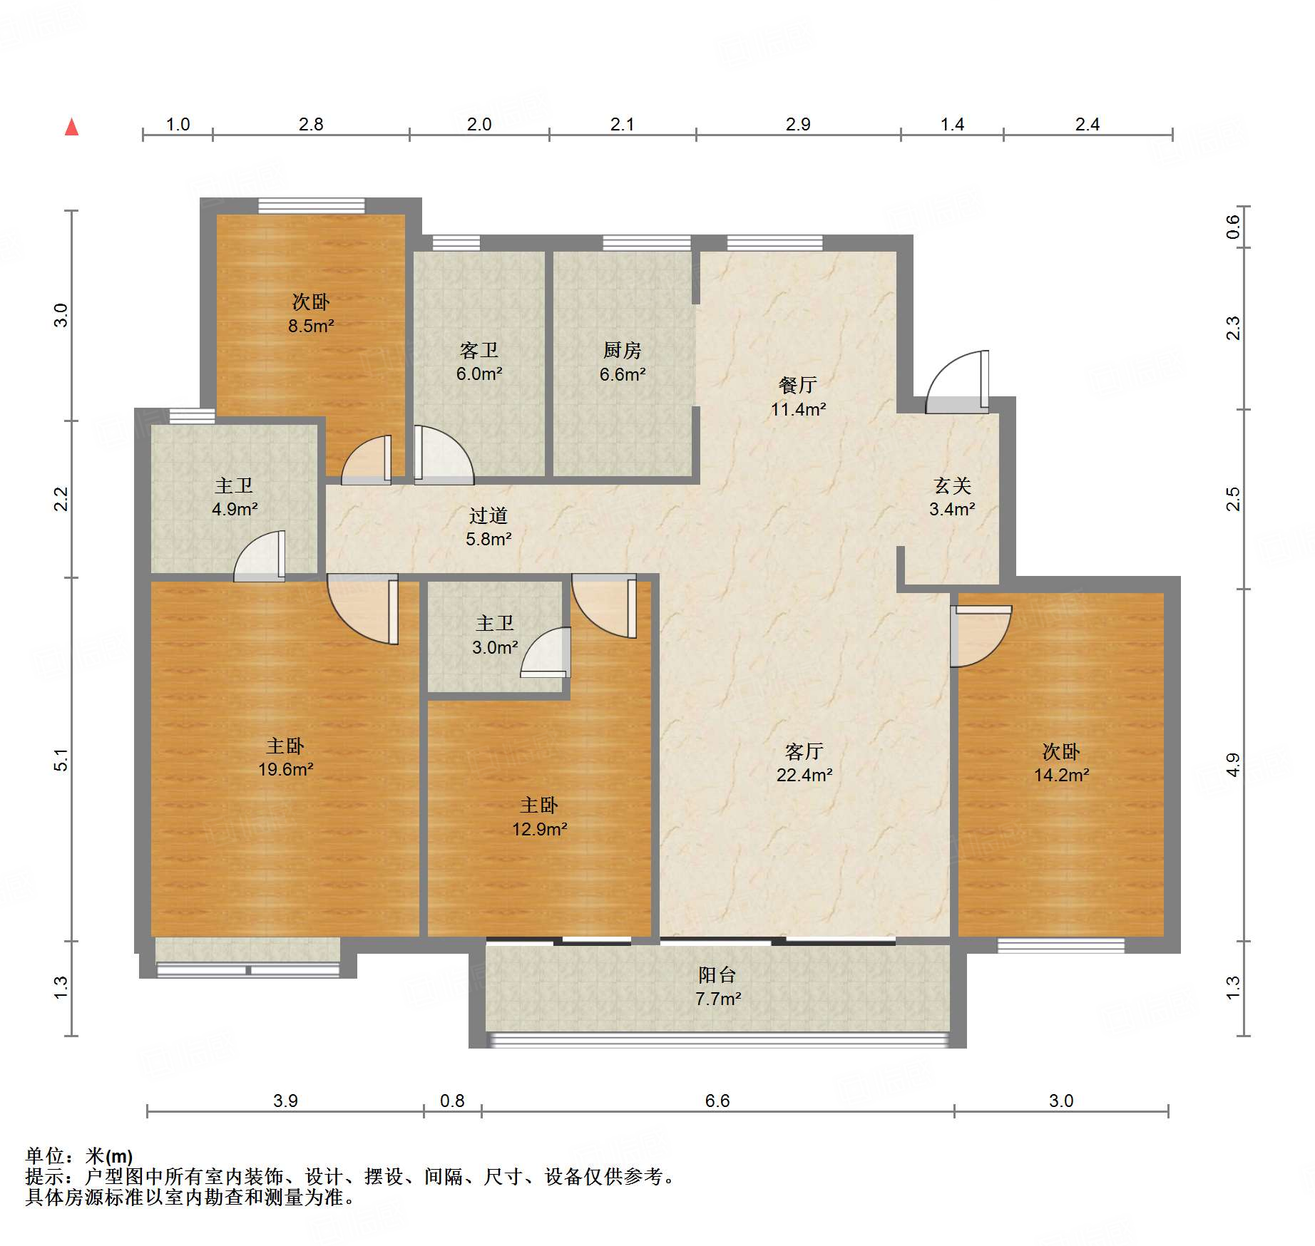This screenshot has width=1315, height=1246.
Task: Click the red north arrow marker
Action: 71,127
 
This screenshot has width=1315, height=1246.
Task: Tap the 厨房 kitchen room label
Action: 622,350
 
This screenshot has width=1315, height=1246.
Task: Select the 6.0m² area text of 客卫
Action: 479,374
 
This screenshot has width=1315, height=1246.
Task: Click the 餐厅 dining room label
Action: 797,385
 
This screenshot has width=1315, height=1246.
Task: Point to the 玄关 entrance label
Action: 953,485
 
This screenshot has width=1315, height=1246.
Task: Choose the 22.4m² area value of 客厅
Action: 804,775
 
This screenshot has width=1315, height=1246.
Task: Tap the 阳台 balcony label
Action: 717,974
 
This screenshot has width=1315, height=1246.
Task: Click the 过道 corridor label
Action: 488,515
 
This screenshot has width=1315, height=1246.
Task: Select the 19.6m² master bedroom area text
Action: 286,769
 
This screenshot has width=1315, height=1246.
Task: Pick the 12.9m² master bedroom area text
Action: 540,829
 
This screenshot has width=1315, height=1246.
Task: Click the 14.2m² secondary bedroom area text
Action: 1062,775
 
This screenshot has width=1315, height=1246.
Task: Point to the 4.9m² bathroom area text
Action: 235,509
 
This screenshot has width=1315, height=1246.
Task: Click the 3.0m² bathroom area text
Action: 495,647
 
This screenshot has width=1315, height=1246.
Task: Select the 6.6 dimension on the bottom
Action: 717,1101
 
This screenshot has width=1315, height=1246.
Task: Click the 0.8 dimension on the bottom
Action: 452,1101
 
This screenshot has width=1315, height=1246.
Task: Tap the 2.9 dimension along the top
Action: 798,124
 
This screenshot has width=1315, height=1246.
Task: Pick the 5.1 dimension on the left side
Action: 61,760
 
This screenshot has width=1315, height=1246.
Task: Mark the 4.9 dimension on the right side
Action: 1233,766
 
